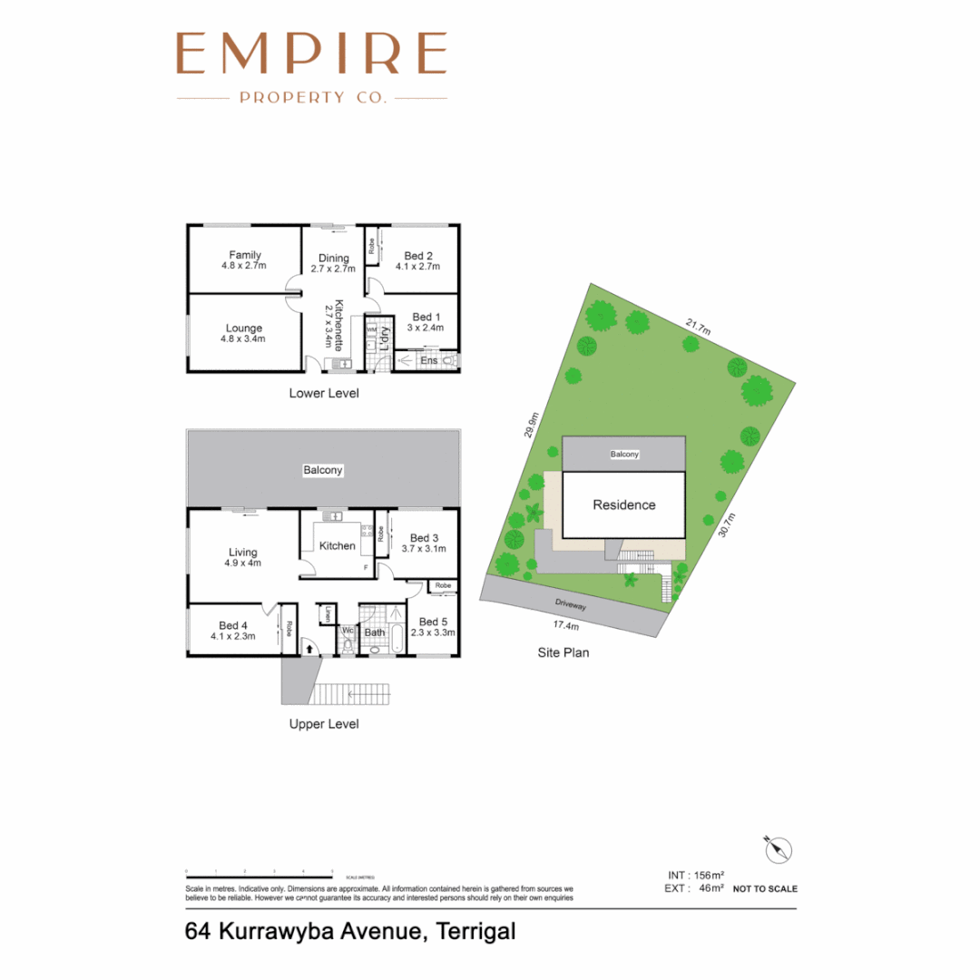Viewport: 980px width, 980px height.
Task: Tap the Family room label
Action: [x=245, y=255]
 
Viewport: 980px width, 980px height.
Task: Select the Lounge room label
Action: [x=245, y=328]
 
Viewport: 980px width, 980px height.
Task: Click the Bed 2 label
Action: [x=417, y=255]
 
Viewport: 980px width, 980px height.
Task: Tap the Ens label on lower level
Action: [x=429, y=360]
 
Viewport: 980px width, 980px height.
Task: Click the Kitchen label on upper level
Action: [x=337, y=545]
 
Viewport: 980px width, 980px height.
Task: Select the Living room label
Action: [x=243, y=552]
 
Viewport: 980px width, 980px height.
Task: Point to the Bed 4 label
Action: [x=233, y=625]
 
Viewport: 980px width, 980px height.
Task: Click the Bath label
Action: [x=375, y=632]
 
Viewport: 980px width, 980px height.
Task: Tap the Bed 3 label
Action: [x=423, y=538]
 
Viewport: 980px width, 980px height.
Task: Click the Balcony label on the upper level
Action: [x=322, y=470]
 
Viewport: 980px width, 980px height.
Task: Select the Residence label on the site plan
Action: [x=624, y=505]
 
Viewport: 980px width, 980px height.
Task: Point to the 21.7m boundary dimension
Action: [x=698, y=324]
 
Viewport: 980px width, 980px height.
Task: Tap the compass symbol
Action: [x=779, y=849]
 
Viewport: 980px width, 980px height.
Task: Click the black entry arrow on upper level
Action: [x=309, y=648]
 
